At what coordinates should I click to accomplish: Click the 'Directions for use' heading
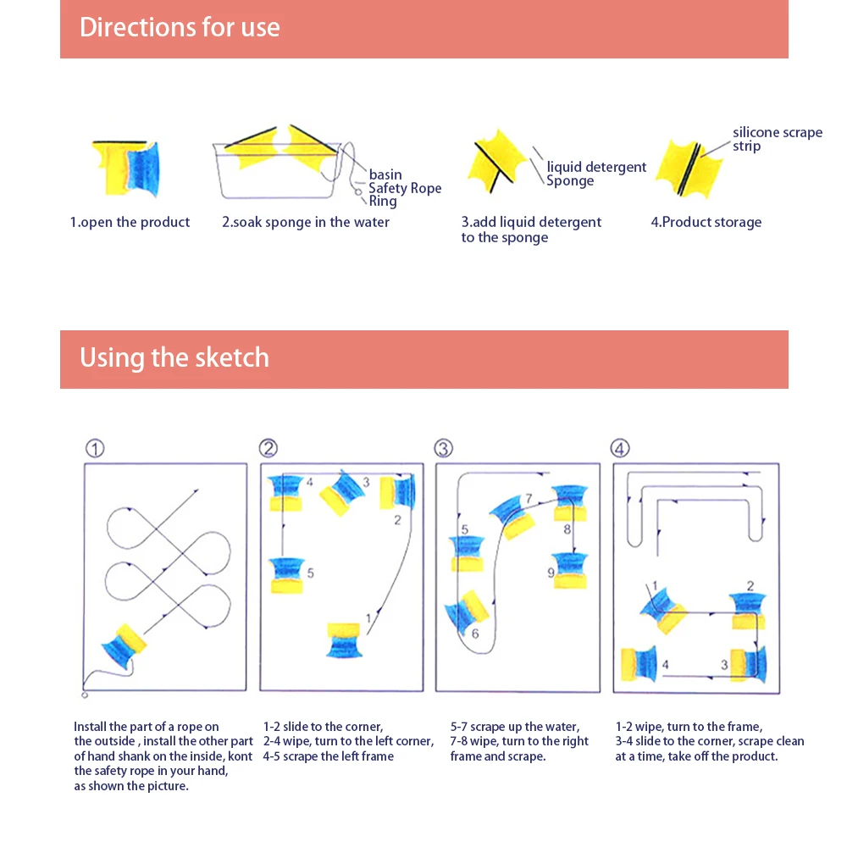180,28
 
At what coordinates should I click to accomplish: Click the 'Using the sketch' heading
174,357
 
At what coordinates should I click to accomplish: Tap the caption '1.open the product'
130,223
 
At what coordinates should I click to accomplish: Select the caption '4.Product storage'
706,222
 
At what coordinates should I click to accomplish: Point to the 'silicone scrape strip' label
778,140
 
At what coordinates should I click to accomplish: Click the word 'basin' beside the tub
385,174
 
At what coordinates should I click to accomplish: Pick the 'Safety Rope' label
405,188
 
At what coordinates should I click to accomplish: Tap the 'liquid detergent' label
596,167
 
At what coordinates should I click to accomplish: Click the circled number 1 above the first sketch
95,448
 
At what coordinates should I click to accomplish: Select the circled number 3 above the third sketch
444,448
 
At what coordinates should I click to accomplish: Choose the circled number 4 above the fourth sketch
620,448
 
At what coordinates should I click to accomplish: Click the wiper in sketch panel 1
124,645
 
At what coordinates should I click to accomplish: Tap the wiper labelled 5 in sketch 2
287,576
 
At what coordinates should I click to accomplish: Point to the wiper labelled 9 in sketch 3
570,570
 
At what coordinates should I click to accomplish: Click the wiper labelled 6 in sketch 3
466,612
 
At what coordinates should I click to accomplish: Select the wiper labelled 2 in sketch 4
748,611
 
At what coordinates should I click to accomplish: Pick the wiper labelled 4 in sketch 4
639,663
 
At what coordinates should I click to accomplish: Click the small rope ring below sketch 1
85,695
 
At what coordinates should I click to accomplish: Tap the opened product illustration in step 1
126,168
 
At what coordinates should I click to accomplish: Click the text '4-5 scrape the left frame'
329,756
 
